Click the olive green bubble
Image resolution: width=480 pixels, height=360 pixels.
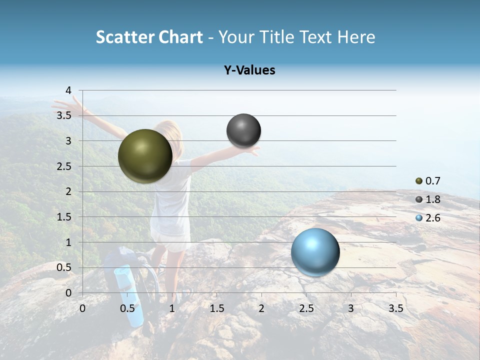145,156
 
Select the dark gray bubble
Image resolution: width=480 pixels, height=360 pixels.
243,130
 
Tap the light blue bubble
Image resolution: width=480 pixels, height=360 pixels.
315,252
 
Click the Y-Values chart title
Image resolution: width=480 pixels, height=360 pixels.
249,70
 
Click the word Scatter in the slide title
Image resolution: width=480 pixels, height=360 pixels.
125,37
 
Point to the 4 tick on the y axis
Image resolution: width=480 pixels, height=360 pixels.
69,90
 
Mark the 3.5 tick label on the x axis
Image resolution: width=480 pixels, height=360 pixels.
395,308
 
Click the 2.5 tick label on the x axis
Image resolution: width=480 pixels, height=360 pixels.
306,308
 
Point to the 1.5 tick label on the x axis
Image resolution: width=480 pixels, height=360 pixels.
216,308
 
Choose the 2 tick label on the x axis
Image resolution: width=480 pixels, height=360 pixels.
261,308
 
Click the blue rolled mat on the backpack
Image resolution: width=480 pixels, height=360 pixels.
129,295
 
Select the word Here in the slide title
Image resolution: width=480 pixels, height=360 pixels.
356,37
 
